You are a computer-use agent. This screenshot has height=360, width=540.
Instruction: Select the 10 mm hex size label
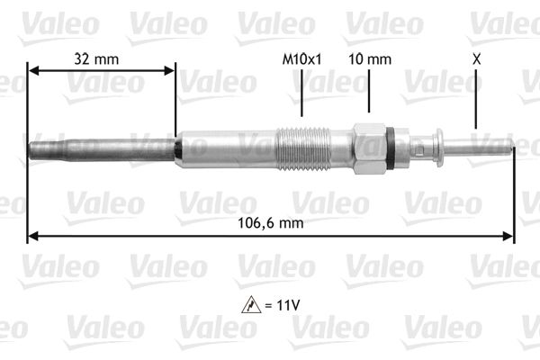pyautogui.click(x=370, y=58)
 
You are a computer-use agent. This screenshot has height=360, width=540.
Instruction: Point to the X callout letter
pyautogui.click(x=475, y=58)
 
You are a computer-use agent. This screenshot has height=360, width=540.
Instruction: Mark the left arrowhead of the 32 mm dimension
pyautogui.click(x=32, y=70)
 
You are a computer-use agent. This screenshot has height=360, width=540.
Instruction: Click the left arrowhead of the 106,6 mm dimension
pyautogui.click(x=32, y=237)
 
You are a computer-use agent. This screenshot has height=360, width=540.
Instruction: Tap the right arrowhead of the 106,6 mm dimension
pyautogui.click(x=509, y=237)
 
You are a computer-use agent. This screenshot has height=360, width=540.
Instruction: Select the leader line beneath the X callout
pyautogui.click(x=475, y=103)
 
